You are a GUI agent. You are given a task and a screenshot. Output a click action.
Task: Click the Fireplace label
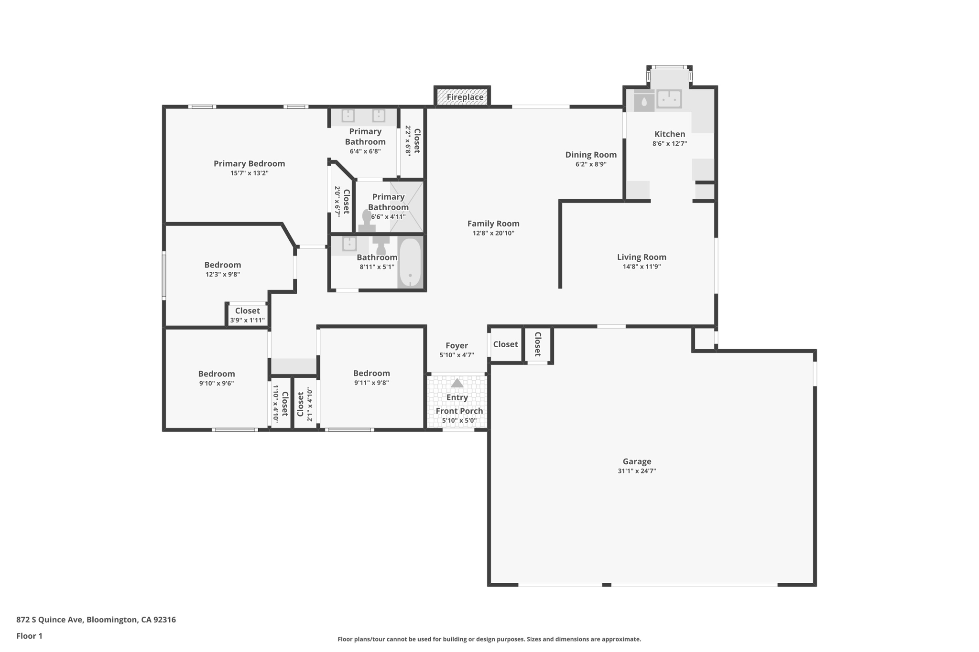click(465, 97)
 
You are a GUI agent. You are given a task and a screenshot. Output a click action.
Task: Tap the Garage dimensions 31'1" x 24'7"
click(636, 471)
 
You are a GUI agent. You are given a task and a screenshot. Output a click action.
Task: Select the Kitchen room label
click(669, 134)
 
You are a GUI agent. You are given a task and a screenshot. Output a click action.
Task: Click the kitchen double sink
click(669, 99)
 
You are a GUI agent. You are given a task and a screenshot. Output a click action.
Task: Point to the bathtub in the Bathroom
click(410, 262)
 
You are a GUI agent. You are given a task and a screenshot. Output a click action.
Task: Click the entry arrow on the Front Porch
click(457, 383)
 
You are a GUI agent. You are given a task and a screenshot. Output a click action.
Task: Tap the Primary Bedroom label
click(249, 164)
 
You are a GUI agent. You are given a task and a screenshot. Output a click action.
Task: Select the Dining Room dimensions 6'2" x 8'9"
click(591, 164)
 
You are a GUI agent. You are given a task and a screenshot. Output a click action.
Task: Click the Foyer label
click(457, 345)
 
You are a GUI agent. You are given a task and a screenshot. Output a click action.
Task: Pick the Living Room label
click(641, 257)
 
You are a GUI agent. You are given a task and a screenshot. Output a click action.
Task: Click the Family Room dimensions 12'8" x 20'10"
click(493, 233)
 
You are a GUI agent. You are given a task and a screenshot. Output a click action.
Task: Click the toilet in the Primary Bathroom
click(367, 221)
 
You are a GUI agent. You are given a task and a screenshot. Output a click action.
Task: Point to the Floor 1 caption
click(29, 636)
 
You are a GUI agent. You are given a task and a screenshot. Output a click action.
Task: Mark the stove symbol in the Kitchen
click(644, 102)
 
